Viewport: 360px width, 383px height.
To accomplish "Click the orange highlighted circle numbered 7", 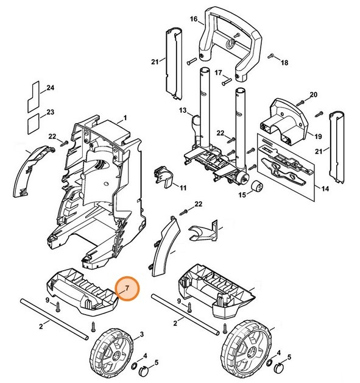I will pyautogui.click(x=127, y=288).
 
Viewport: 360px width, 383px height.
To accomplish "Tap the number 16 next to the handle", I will pyautogui.click(x=194, y=20).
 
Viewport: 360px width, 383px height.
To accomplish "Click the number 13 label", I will pyautogui.click(x=183, y=110).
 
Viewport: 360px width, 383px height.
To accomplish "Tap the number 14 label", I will pyautogui.click(x=325, y=190).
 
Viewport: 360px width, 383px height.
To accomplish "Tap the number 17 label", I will pyautogui.click(x=217, y=73).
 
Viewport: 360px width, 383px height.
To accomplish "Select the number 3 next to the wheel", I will pyautogui.click(x=142, y=334).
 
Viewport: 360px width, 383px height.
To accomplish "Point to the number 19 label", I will pyautogui.click(x=318, y=136).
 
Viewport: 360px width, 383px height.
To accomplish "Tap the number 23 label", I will pyautogui.click(x=51, y=112).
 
